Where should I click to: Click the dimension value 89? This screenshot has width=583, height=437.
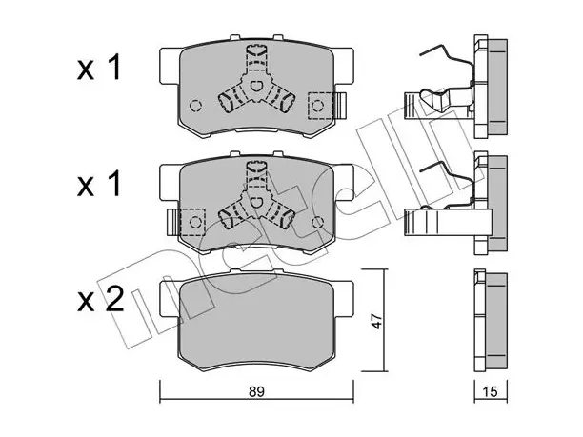coord(256,391)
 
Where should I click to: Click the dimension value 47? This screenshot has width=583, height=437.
coord(376,321)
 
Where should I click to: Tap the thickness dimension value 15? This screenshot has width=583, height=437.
coord(491,391)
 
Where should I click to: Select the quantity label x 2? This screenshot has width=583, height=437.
coord(100,300)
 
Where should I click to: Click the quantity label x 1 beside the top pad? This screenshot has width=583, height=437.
coord(99,68)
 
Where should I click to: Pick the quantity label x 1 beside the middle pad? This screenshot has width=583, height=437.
coord(99,183)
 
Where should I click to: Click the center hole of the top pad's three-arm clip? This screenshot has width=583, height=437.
coord(255,86)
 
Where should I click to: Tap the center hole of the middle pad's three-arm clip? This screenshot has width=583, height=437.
coord(255,203)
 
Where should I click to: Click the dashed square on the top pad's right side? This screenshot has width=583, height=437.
coord(321,106)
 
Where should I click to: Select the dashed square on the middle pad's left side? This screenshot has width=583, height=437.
coord(192,222)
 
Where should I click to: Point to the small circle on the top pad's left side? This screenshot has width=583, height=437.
coord(195,106)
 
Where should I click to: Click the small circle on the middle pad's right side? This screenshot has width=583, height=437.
coord(317,222)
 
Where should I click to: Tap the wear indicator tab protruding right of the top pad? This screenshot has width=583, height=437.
coord(340,106)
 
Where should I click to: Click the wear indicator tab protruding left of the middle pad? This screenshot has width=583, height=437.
coord(173,222)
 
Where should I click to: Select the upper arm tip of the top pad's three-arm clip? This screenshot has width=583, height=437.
coord(256,50)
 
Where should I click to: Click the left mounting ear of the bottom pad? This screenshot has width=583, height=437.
coord(170,299)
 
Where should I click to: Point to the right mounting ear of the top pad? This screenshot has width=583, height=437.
coord(343,66)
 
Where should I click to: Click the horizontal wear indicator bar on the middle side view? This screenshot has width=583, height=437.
coord(448,222)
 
